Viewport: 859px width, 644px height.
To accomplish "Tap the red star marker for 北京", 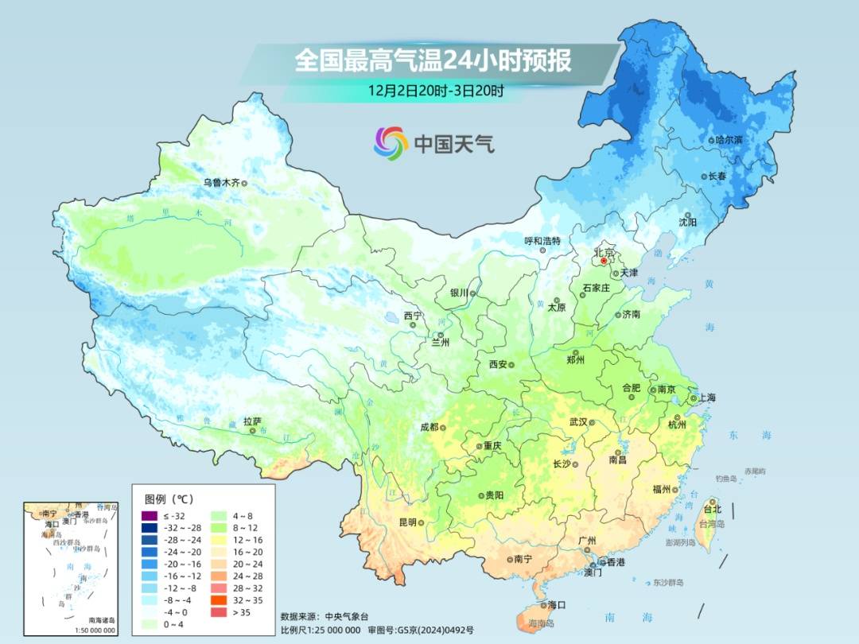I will coord(604,260).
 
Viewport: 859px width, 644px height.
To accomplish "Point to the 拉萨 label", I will coord(252,421).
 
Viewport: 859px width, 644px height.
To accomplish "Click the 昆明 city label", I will coord(407,522).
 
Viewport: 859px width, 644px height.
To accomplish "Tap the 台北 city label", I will coord(712,509).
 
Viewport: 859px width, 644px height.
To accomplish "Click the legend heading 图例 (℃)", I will coord(169,499).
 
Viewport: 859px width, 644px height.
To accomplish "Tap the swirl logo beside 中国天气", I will coord(391,143).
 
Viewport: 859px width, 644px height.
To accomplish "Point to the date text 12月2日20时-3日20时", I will coord(436,90).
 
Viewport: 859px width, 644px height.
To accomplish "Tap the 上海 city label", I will coord(705,398).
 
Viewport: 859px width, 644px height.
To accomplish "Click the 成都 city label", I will coord(429,427).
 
